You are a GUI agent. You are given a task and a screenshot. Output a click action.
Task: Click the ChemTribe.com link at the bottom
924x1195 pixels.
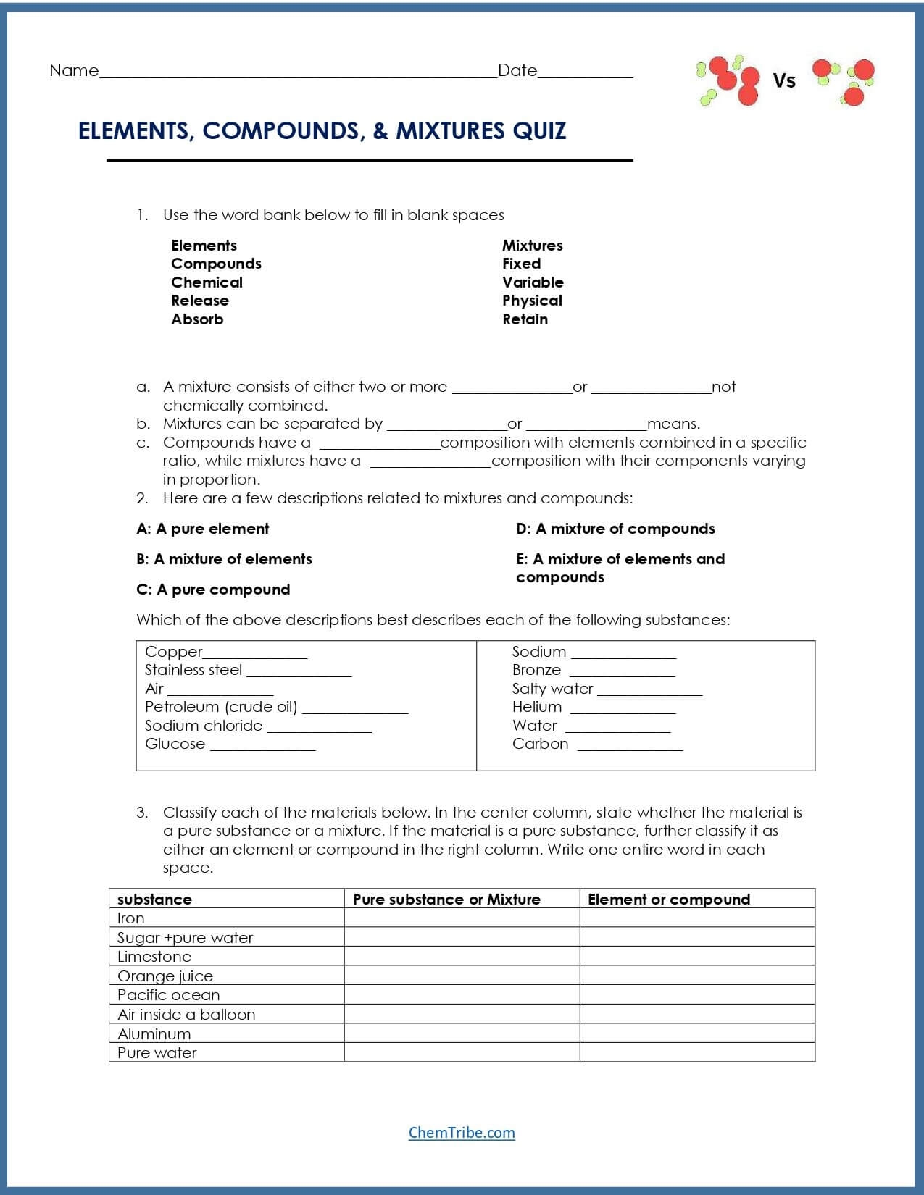(462, 1133)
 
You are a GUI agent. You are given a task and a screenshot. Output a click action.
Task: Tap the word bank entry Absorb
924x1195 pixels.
(197, 319)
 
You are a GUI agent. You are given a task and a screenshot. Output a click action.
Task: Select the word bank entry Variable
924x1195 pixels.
(533, 282)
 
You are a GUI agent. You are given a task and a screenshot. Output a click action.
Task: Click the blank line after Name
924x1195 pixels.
(297, 72)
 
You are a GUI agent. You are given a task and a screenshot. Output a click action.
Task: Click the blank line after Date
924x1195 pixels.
(585, 72)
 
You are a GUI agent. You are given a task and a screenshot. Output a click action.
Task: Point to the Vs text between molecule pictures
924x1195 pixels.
(784, 81)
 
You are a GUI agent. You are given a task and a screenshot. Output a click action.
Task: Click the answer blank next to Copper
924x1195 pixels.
(255, 653)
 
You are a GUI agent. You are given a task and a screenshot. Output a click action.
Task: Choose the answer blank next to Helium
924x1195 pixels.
(623, 708)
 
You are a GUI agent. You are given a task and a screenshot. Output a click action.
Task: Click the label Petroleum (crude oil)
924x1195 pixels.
(221, 707)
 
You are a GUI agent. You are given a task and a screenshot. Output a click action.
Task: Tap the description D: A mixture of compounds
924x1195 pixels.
(615, 529)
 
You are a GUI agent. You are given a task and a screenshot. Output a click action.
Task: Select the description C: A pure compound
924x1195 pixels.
(213, 590)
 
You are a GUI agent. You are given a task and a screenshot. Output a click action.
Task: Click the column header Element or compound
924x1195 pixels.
(669, 900)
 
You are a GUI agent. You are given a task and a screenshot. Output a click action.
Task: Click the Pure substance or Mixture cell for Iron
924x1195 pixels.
(462, 918)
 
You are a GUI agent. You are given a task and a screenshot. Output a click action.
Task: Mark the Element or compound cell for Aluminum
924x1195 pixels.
(697, 1033)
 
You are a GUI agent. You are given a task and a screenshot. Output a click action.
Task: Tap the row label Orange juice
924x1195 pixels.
(165, 976)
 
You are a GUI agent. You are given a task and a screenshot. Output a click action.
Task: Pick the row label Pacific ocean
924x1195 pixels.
(169, 995)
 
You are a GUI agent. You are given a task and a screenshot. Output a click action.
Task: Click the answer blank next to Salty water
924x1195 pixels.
(649, 690)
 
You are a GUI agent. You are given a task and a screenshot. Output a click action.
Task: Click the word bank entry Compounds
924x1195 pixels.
(216, 264)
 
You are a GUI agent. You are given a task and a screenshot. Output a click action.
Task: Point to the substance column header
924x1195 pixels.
(154, 900)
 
